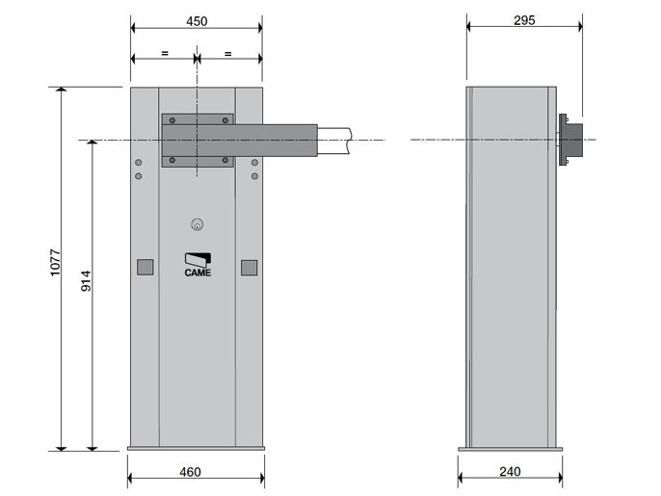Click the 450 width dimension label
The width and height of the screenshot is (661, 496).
click(196, 21)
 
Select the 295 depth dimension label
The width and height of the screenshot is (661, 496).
click(524, 21)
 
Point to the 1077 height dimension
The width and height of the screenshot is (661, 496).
click(55, 267)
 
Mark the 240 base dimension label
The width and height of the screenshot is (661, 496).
click(510, 472)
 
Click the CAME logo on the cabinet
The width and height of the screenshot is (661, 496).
click(198, 265)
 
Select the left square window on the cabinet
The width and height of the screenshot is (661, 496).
click(144, 267)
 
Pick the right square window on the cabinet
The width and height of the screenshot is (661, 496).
click(250, 267)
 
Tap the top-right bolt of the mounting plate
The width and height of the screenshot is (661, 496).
click(225, 121)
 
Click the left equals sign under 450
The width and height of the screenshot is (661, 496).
click(165, 54)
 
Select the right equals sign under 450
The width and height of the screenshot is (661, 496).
click(228, 54)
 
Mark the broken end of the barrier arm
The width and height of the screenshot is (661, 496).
click(349, 141)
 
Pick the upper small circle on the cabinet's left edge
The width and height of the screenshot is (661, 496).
click(139, 162)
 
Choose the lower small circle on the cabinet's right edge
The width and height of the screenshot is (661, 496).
click(255, 175)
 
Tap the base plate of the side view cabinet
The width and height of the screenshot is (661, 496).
click(510, 447)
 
